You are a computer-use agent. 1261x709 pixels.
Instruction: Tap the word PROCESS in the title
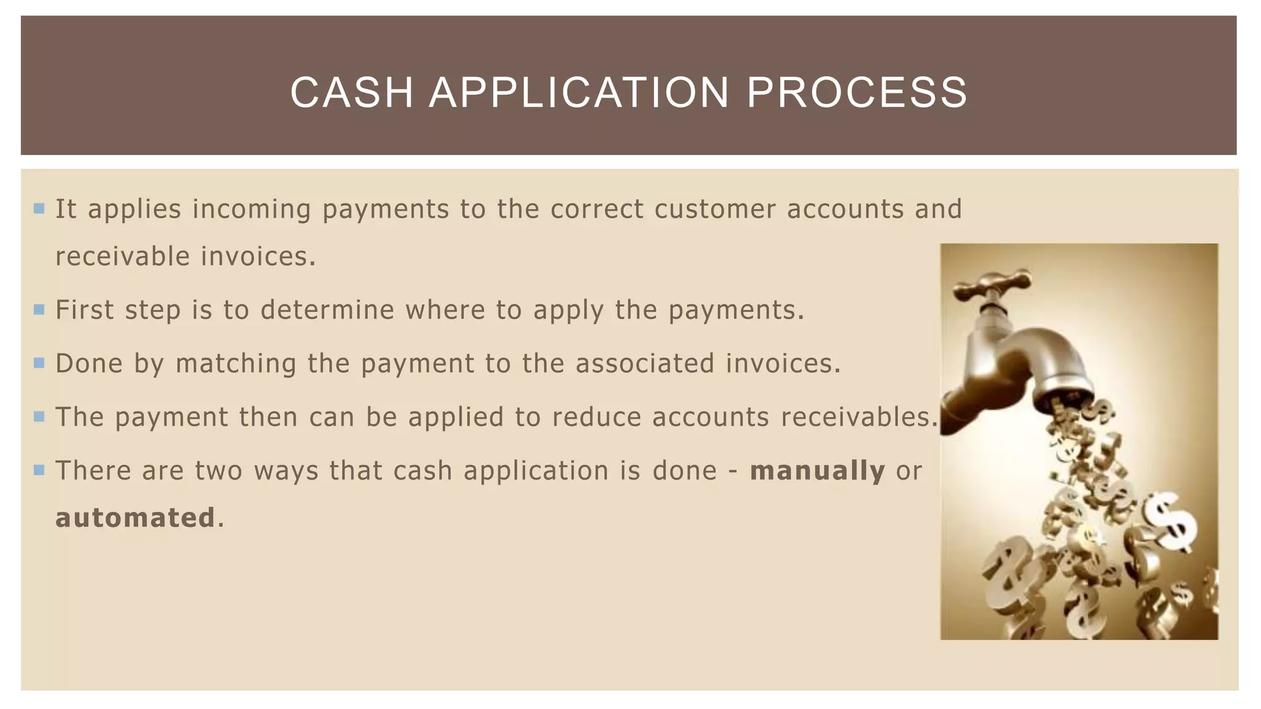tap(857, 93)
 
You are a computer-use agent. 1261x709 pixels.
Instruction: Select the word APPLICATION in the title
tap(579, 93)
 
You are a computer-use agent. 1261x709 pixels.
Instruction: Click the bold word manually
tap(817, 471)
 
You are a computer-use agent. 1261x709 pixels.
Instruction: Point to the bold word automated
tap(135, 518)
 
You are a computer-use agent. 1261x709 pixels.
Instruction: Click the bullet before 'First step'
tap(39, 310)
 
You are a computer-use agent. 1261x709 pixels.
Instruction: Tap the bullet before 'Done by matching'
tap(39, 363)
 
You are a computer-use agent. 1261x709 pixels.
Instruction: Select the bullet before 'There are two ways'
tap(39, 471)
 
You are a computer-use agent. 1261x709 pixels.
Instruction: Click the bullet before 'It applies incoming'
tap(39, 209)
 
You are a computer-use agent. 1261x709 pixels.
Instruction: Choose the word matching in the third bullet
tap(236, 364)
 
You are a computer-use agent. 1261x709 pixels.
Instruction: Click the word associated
tap(645, 363)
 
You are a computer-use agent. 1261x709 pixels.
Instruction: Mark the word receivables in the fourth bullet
tap(855, 417)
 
